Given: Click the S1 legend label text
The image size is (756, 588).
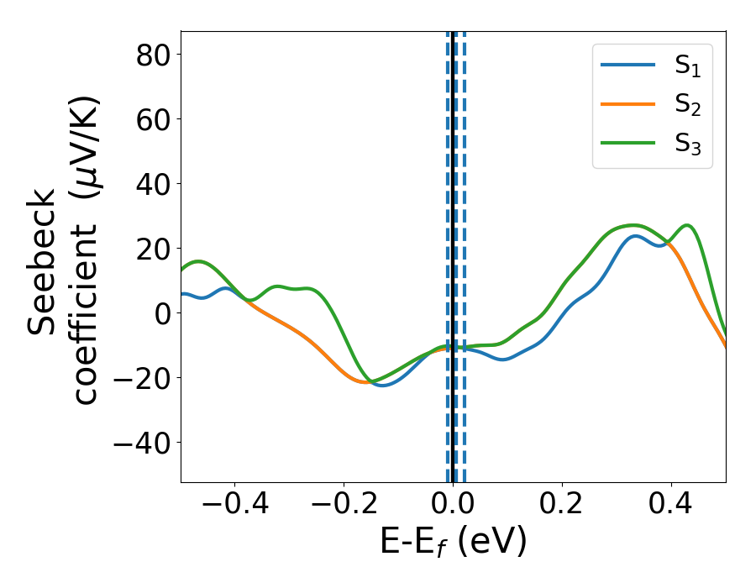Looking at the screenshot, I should [x=688, y=66].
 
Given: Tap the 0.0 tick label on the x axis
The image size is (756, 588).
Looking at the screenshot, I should [x=453, y=505].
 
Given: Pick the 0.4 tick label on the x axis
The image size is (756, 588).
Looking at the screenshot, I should [x=671, y=505].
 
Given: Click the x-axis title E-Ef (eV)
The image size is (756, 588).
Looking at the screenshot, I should [x=453, y=542].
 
